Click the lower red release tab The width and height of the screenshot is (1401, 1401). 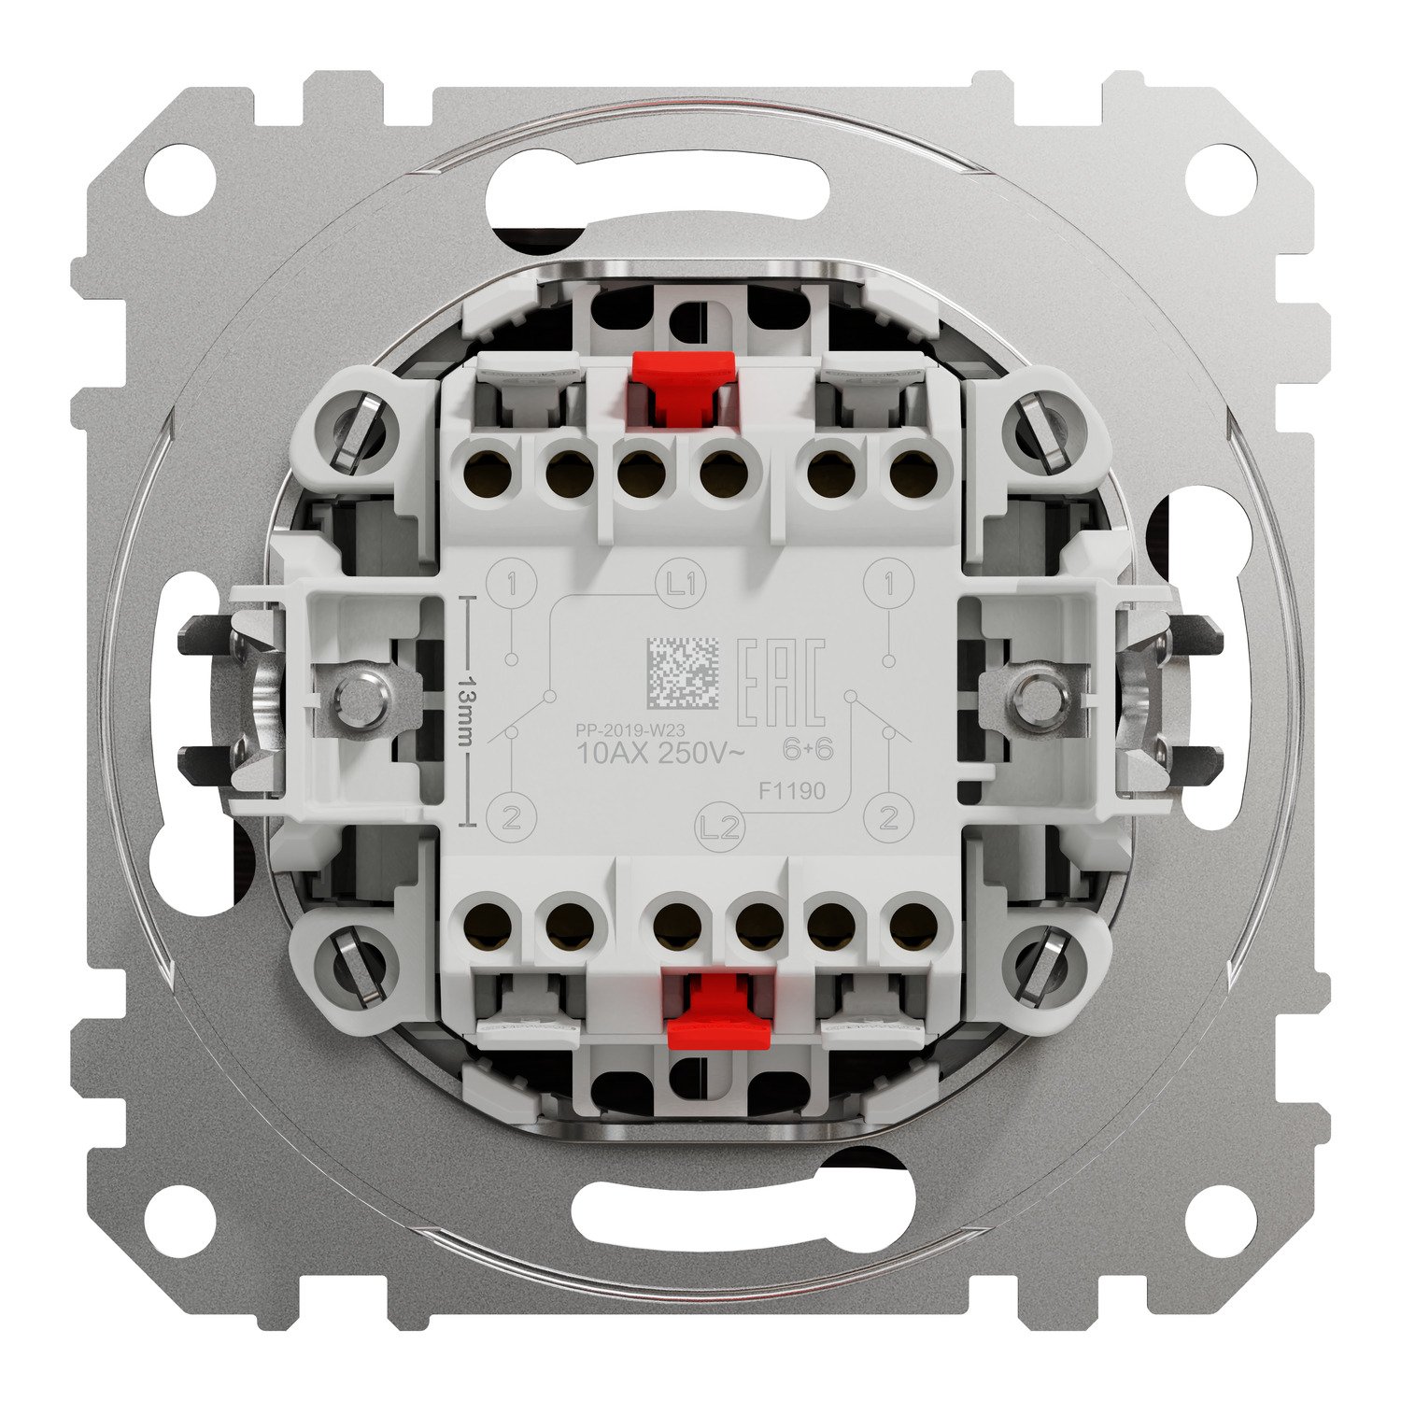coord(716,1012)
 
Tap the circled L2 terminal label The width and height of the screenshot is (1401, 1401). coord(719,827)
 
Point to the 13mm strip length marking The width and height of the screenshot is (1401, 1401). coord(470,711)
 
